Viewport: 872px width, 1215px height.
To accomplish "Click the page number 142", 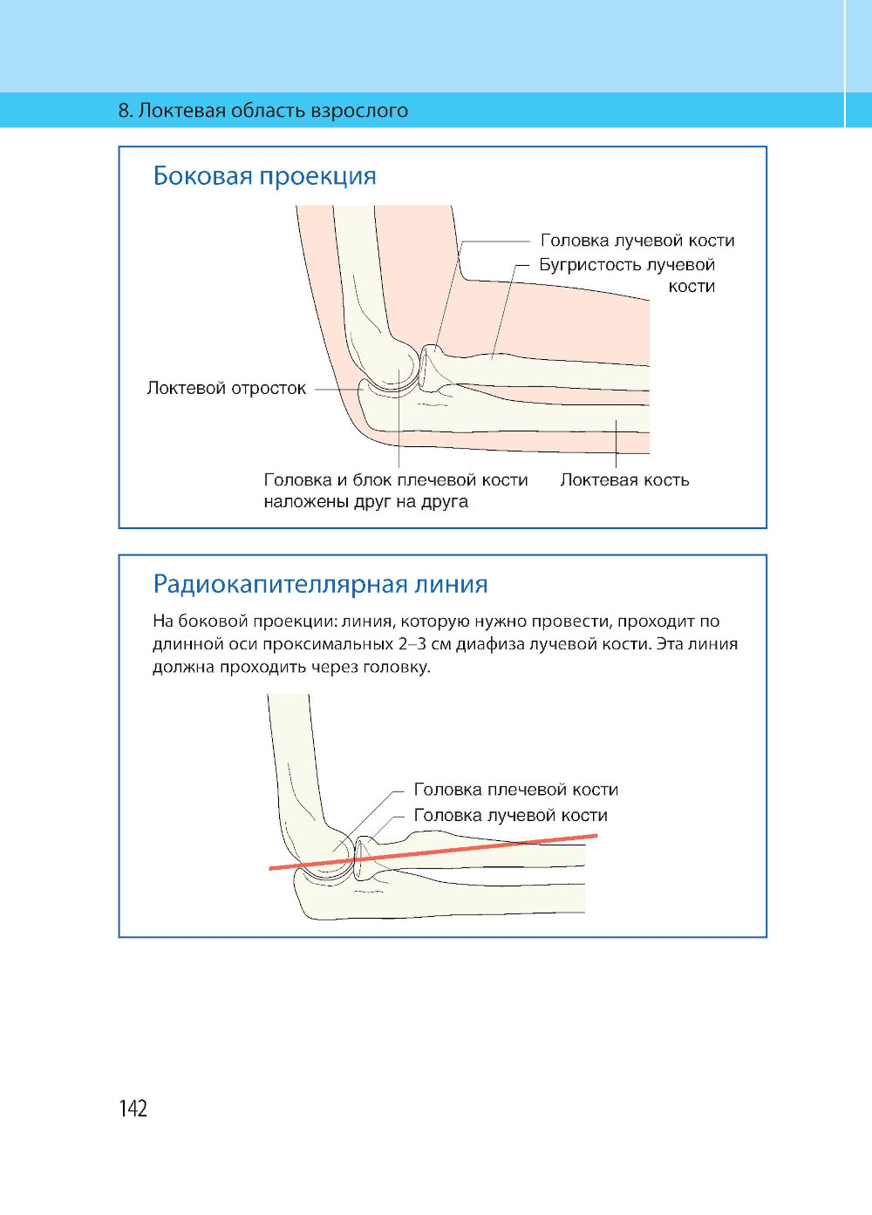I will [133, 1108].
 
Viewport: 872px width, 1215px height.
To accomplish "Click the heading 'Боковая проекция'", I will [264, 176].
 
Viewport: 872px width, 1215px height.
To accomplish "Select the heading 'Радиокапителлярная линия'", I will [320, 583].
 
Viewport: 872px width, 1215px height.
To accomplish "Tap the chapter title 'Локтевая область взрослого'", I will [274, 111].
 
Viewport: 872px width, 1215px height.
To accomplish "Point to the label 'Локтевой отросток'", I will [226, 388].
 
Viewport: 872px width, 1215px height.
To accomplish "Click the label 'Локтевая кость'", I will [624, 479].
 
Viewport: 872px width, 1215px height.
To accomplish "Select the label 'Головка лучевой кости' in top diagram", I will [637, 240].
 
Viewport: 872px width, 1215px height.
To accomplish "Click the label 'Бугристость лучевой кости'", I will [627, 275].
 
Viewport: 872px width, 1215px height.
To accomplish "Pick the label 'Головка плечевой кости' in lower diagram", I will [515, 790].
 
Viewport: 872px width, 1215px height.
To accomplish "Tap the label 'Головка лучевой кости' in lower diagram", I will [510, 815].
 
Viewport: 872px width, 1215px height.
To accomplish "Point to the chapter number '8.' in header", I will [126, 111].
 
